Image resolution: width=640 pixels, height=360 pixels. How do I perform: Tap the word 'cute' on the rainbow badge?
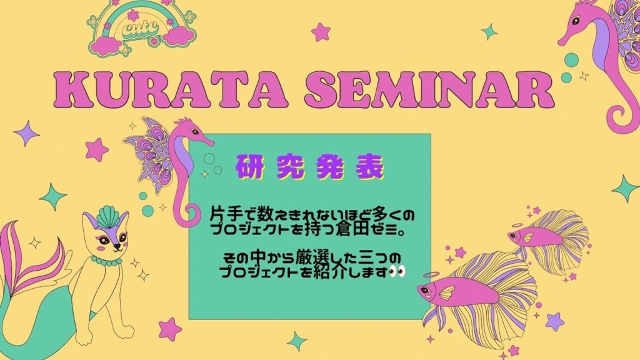[x=140, y=29]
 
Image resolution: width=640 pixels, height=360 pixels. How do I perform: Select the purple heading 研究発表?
[x=310, y=166]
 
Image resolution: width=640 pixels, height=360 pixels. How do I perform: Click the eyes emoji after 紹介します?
[x=397, y=271]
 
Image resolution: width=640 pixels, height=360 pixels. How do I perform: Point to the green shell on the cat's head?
[x=107, y=217]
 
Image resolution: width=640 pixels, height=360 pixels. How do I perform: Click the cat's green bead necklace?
[x=106, y=261]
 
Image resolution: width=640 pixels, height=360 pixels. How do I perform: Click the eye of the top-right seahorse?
[x=576, y=21]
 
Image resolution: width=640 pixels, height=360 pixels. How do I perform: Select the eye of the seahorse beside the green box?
[x=195, y=131]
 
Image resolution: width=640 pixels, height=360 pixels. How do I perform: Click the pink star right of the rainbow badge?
[x=321, y=31]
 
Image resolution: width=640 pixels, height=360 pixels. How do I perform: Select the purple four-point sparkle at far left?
[x=26, y=133]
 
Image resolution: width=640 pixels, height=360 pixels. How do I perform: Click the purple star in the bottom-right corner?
[x=555, y=322]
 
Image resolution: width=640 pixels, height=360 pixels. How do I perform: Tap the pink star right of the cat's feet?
[x=169, y=329]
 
